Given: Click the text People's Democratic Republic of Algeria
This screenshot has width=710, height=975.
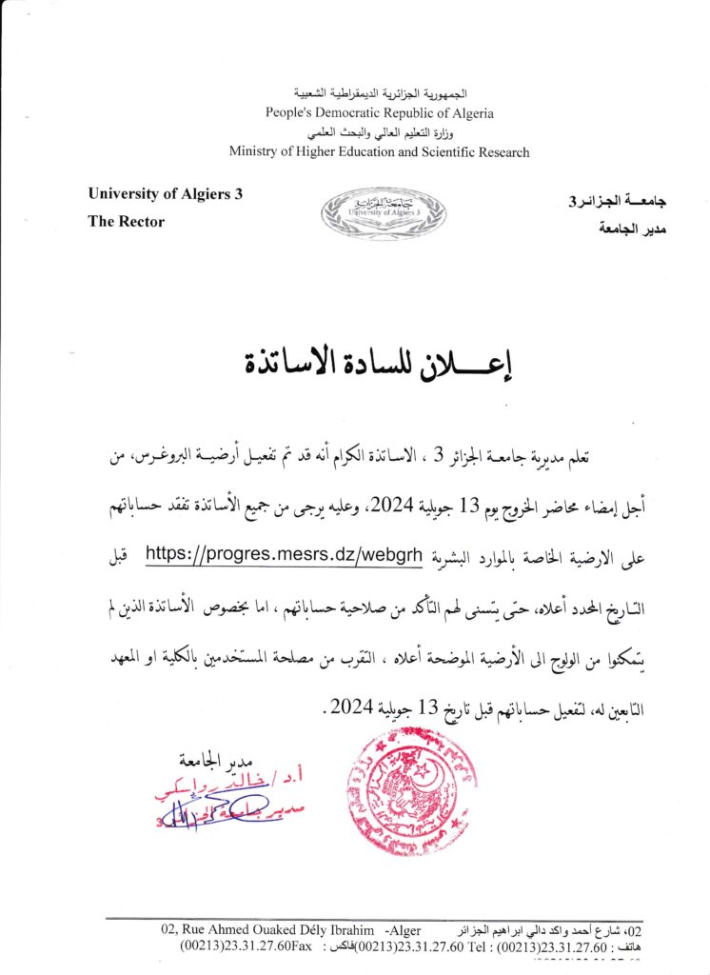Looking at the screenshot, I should [x=379, y=113].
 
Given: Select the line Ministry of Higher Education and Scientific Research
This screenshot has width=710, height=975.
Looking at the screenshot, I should [x=379, y=151].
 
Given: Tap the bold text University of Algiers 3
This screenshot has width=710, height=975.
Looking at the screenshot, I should [x=165, y=194].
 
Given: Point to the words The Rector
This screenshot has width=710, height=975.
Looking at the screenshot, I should [x=126, y=222].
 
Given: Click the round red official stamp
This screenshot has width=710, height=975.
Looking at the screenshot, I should [x=410, y=790].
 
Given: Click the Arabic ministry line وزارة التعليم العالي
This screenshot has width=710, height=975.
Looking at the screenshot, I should [x=379, y=132].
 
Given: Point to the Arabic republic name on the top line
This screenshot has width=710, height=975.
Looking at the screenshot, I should [x=379, y=95].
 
